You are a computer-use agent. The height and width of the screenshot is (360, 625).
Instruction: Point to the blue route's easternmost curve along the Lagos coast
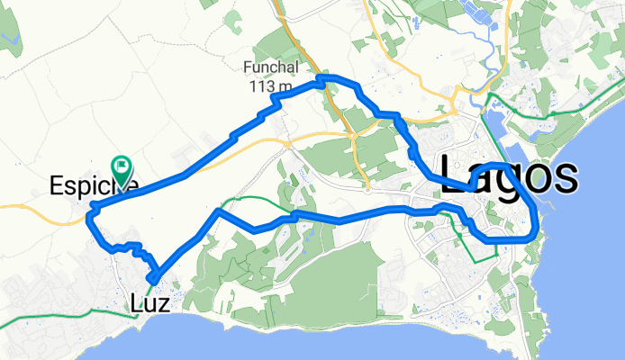(x=537, y=220)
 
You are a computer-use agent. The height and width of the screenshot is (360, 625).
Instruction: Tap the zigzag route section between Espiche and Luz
(x=126, y=247)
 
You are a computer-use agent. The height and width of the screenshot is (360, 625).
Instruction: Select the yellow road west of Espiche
(x=27, y=205)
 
